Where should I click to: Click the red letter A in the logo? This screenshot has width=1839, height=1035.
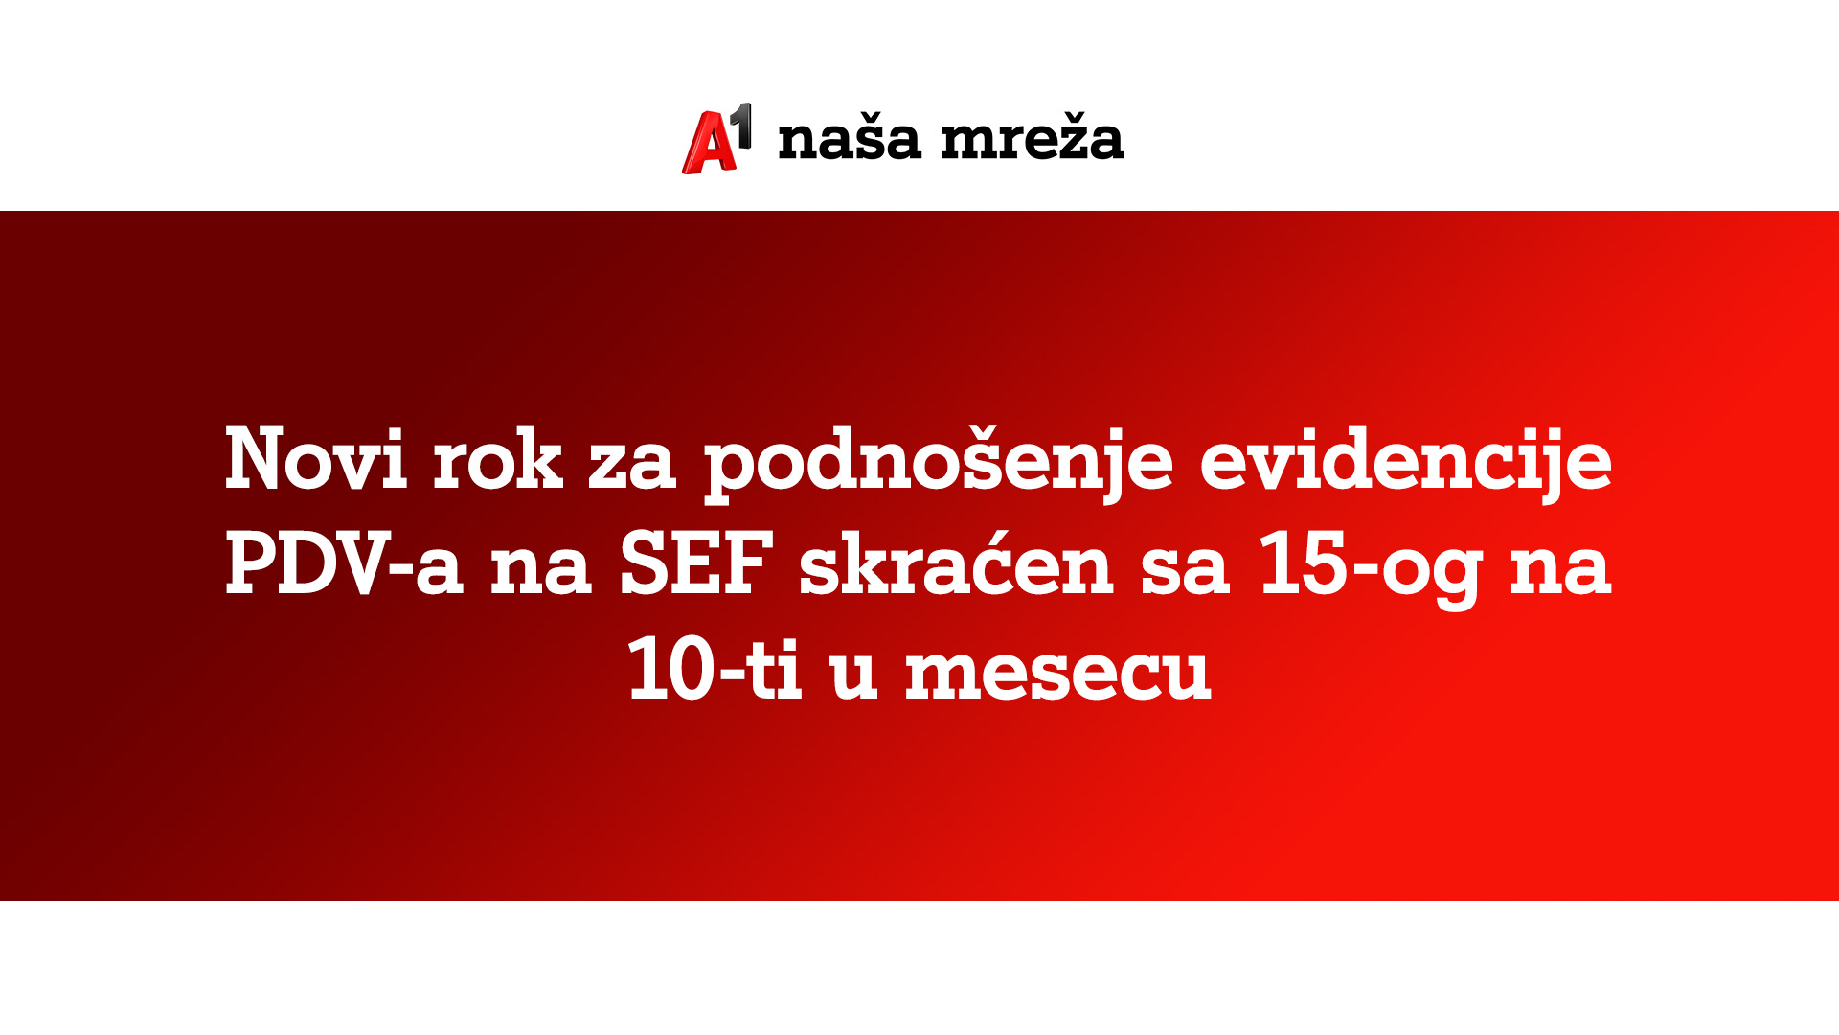pos(707,145)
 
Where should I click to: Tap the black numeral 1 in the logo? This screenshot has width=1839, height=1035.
pos(741,125)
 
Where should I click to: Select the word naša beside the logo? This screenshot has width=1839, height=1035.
pos(850,139)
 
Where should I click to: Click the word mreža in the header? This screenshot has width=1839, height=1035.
pos(1032,139)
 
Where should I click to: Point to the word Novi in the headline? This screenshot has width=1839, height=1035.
pos(315,460)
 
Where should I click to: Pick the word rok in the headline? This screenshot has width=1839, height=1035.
pos(497,460)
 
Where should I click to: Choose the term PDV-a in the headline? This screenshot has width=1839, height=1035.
pos(344,565)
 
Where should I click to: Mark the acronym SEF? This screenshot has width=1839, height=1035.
pos(696,565)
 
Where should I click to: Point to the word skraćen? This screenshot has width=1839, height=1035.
pos(956,565)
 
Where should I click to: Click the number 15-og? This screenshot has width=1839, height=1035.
pos(1371,565)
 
